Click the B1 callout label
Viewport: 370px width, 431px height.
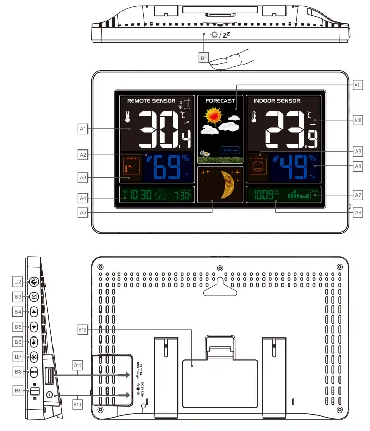pyautogui.click(x=204, y=58)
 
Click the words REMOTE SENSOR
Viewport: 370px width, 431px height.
pyautogui.click(x=151, y=101)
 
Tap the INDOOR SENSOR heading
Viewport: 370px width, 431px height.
pyautogui.click(x=277, y=101)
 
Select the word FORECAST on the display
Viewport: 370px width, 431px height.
pyautogui.click(x=220, y=101)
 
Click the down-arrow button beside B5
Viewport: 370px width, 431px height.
pyautogui.click(x=34, y=326)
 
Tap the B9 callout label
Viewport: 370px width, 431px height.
pyautogui.click(x=18, y=391)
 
